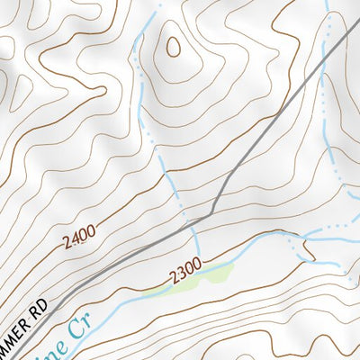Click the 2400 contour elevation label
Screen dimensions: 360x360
point(79,238)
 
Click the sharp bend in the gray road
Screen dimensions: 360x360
point(212,213)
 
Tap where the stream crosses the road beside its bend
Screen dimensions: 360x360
point(192,224)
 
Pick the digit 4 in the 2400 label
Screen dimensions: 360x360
point(75,240)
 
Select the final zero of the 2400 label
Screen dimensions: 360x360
point(91,233)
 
